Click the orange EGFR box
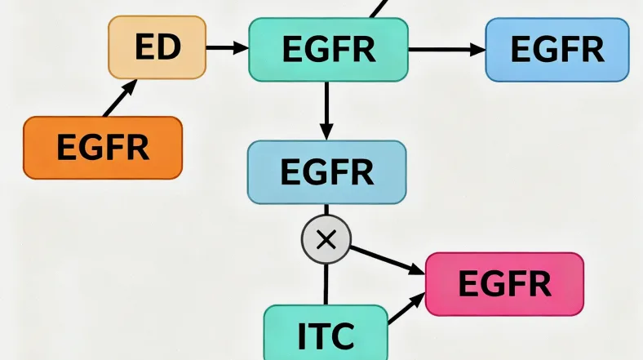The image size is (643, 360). (103, 148)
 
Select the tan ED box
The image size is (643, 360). (157, 48)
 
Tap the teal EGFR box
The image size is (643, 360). (328, 50)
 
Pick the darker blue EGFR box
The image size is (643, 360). (557, 50)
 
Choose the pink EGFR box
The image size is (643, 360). (504, 283)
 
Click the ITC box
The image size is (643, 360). (326, 333)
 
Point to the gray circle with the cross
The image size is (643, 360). (326, 240)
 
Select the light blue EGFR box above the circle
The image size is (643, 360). (326, 172)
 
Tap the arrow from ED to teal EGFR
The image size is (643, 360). (226, 48)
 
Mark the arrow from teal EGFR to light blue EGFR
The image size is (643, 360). (326, 110)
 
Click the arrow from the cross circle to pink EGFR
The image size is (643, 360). (388, 260)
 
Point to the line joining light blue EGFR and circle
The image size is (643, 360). (326, 211)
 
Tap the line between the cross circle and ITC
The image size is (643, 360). (326, 282)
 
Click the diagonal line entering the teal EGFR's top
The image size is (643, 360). (376, 9)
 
